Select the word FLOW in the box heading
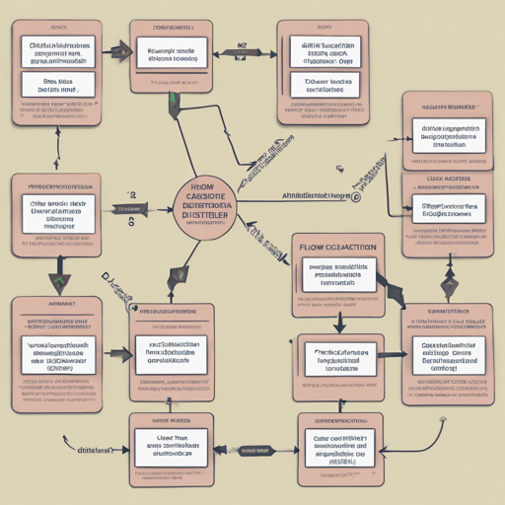pyautogui.click(x=315, y=246)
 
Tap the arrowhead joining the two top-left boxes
pyautogui.click(x=121, y=47)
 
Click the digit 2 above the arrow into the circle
pyautogui.click(x=131, y=195)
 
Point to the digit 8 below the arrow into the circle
pyautogui.click(x=131, y=223)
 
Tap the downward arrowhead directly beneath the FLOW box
pyautogui.click(x=338, y=323)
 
